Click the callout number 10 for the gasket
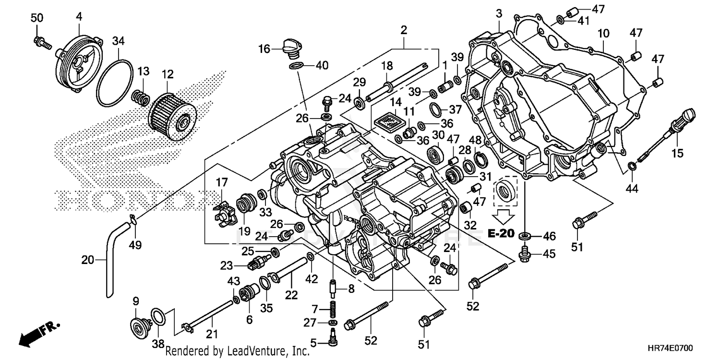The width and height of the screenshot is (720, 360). (603, 33)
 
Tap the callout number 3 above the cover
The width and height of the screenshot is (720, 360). (499, 13)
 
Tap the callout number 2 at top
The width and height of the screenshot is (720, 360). (404, 30)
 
